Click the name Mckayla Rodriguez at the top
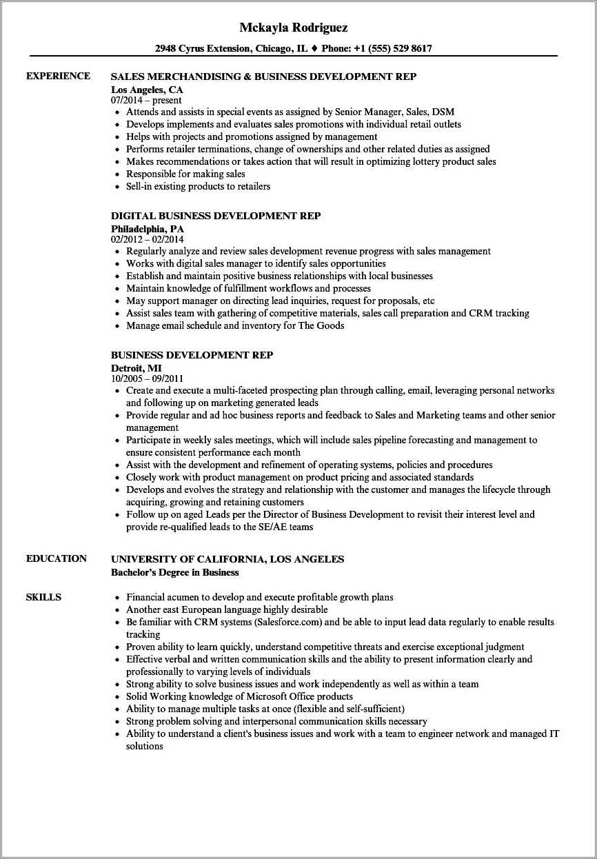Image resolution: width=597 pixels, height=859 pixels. (x=294, y=28)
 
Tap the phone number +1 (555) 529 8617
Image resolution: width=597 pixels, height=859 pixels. (x=393, y=48)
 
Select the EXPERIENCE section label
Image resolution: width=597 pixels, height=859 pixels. (x=58, y=76)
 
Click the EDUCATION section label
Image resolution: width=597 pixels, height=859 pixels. (x=57, y=558)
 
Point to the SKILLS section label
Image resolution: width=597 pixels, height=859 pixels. (x=43, y=597)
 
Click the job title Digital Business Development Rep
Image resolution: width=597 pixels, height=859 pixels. (x=216, y=216)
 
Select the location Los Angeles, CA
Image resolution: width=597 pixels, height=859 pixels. (x=147, y=90)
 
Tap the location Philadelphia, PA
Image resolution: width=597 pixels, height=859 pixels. (x=148, y=228)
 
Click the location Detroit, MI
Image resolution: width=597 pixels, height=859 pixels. (x=136, y=367)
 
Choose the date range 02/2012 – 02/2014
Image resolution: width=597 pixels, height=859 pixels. (x=148, y=239)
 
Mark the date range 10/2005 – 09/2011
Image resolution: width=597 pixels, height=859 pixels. (x=148, y=378)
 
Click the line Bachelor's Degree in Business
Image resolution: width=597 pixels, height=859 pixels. (x=175, y=572)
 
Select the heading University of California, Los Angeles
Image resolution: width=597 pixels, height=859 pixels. (x=227, y=559)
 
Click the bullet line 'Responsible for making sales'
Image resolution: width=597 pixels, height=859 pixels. (x=185, y=174)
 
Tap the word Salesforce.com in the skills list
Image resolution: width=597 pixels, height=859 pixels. (x=289, y=622)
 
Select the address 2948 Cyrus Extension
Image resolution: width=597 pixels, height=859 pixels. (x=203, y=48)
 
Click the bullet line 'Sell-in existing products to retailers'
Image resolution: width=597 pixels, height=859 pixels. (x=198, y=186)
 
